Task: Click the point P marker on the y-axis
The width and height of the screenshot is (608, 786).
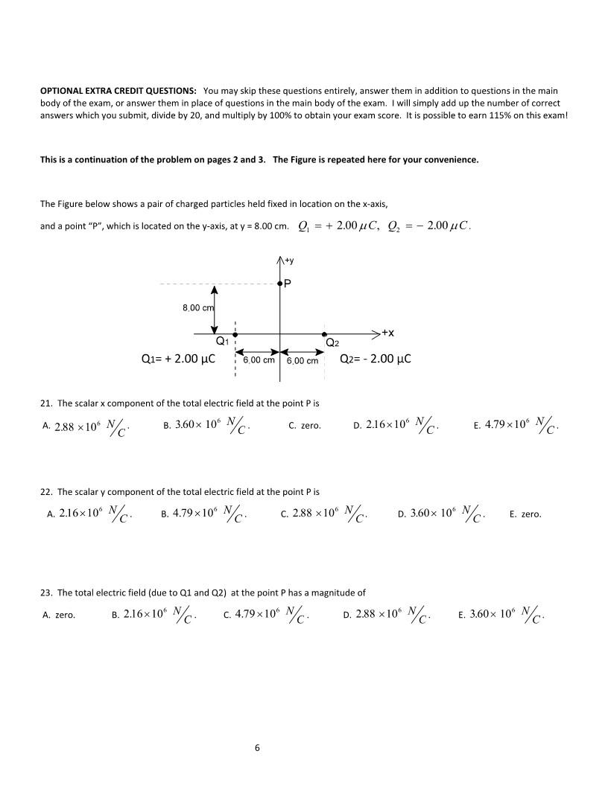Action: click(279, 284)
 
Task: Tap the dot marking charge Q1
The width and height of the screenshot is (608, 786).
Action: click(235, 335)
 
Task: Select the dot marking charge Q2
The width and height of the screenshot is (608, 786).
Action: click(323, 335)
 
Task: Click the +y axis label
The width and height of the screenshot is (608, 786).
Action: click(288, 261)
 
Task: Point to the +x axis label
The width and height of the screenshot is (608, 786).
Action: click(387, 333)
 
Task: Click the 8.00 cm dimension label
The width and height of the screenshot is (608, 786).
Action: click(198, 308)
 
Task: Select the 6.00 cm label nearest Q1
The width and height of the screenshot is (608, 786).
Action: click(259, 360)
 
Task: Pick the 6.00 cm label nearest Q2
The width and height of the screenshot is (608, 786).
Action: click(303, 361)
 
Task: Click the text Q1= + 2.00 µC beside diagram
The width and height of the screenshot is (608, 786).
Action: click(179, 359)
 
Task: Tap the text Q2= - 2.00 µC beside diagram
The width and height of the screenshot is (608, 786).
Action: click(376, 359)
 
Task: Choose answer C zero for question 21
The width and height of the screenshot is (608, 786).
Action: click(305, 426)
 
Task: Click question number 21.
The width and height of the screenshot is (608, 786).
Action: click(45, 403)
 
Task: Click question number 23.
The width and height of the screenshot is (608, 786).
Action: click(45, 593)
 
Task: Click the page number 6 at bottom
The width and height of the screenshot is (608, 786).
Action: click(257, 748)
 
